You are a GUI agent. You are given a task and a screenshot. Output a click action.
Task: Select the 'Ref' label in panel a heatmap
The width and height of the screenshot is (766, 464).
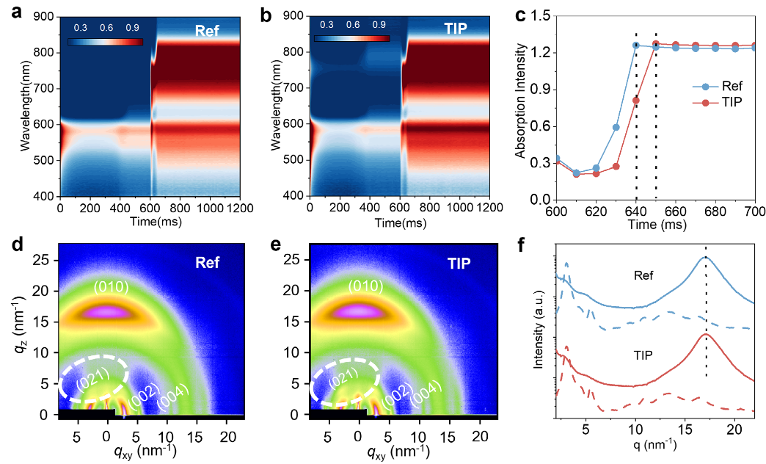tap(208, 32)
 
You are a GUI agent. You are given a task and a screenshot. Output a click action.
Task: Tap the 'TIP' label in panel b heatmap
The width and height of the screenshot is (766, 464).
tap(462, 32)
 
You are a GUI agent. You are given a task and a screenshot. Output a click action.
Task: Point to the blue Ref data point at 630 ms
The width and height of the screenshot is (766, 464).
tap(616, 127)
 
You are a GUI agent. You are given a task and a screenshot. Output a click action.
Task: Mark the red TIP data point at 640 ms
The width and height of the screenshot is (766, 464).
tap(636, 101)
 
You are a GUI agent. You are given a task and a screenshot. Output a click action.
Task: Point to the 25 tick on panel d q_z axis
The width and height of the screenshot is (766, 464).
tap(43, 261)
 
